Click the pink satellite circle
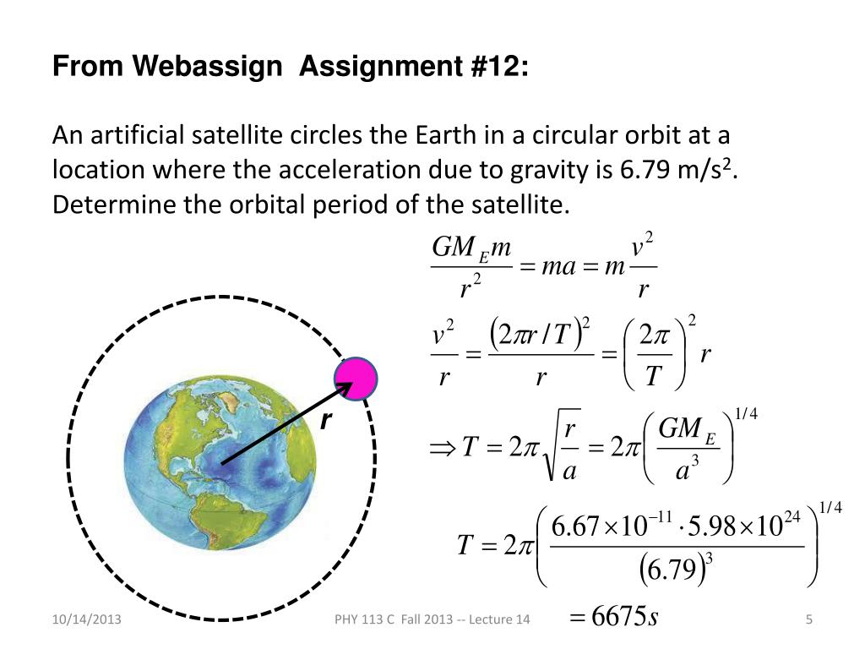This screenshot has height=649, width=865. point(357,379)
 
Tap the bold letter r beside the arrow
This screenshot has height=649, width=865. point(324,420)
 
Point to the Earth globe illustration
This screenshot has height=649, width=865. point(220,461)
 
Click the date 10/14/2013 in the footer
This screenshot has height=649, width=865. point(90,620)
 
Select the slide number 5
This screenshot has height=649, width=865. point(808,620)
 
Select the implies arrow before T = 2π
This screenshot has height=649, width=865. point(444,448)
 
